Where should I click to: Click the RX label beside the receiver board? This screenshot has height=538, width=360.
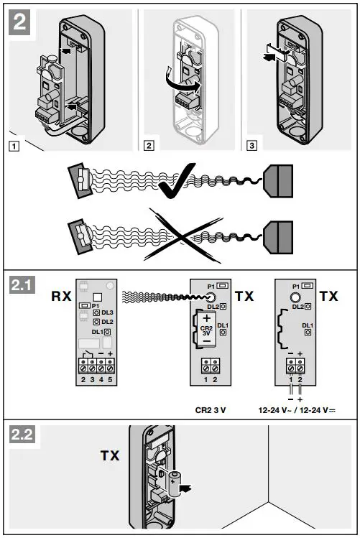coord(61,295)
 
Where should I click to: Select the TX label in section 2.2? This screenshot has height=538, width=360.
coord(109,455)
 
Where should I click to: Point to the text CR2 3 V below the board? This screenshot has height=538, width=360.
coord(213,412)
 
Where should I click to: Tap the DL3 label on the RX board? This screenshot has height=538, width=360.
coord(108,314)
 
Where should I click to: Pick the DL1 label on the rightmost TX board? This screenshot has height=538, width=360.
coord(308,325)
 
